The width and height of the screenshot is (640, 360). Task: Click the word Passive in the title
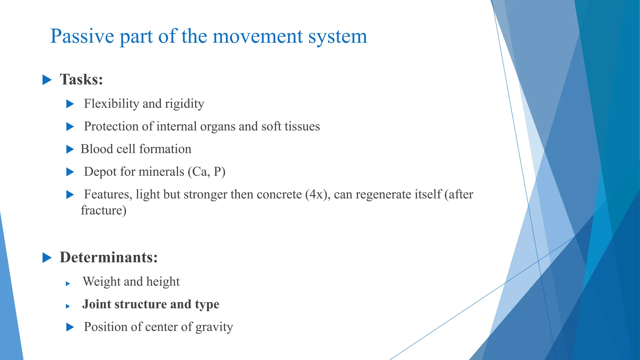point(82,36)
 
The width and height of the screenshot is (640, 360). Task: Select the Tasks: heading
point(81,79)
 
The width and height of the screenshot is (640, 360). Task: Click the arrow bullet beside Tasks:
point(47,80)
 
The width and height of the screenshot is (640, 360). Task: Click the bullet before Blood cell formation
point(70,149)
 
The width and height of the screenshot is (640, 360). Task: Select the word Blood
point(97,149)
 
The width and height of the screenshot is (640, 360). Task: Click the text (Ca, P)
point(207,172)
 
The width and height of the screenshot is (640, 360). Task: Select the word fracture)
point(104,211)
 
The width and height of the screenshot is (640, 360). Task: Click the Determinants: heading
point(109,257)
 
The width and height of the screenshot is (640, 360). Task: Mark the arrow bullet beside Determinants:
point(47,258)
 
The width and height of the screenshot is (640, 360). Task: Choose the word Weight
point(102,282)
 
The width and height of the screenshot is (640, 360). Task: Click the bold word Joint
point(97,304)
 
